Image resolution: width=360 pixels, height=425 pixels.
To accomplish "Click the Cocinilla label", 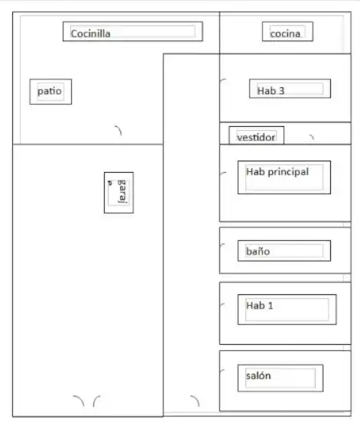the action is click(x=90, y=34).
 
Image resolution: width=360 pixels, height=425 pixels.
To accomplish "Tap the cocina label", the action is click(x=285, y=34).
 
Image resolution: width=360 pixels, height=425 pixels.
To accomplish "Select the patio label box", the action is click(x=50, y=92).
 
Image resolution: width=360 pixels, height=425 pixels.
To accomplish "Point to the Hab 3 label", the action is click(x=271, y=90).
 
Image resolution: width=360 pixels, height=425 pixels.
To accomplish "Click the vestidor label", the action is click(x=256, y=137).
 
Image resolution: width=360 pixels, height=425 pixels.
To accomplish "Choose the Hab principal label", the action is click(x=277, y=172).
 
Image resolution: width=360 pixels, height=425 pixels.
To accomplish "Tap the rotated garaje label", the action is click(x=118, y=191).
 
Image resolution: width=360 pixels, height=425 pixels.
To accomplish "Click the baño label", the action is click(x=258, y=251).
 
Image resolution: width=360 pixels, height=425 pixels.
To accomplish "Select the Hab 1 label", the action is click(x=259, y=306).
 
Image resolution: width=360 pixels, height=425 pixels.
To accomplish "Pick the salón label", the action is click(x=258, y=375).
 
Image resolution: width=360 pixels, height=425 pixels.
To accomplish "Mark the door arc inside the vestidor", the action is click(x=313, y=137).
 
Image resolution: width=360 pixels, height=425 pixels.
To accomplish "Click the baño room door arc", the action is click(x=222, y=245).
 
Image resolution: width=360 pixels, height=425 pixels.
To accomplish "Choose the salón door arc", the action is click(x=222, y=371).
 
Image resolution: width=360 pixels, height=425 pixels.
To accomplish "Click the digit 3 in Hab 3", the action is click(x=282, y=91).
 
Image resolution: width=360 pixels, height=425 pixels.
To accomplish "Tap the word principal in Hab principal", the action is click(x=288, y=173).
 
